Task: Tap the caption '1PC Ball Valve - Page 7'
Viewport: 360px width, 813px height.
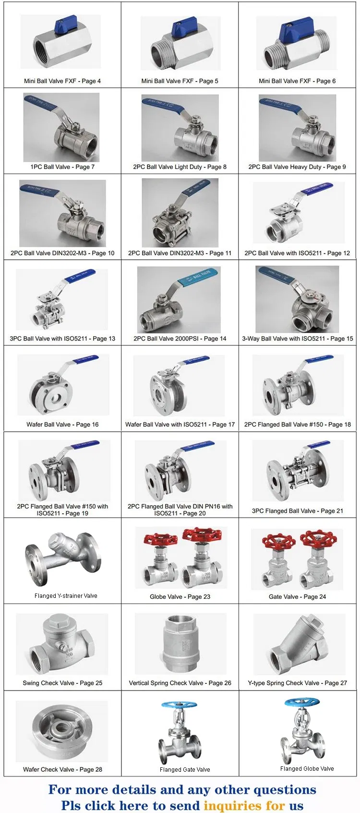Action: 62,167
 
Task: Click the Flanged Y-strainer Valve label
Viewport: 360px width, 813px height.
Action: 66,595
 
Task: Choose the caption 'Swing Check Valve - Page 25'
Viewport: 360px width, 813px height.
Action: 62,682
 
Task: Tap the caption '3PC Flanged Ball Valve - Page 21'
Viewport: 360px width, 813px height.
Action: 298,510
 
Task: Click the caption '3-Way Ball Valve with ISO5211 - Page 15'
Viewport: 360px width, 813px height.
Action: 298,338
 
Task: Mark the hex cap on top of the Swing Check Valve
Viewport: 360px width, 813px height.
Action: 56,625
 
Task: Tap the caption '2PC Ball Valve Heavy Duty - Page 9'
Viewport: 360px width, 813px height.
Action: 297,167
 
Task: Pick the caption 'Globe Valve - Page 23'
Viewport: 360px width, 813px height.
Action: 180,596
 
